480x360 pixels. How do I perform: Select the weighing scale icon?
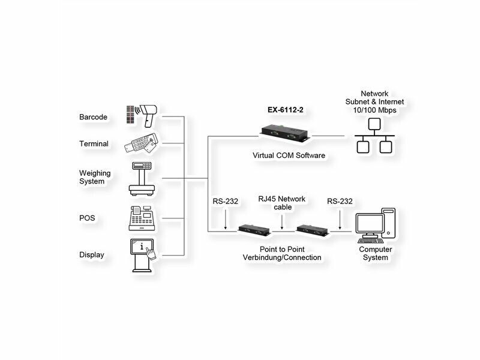pos(142,178)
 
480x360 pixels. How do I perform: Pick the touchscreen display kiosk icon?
pos(142,255)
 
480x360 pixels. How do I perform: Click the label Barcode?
pos(93,117)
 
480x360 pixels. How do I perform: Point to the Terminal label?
pos(94,144)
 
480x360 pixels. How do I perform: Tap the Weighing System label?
pos(95,177)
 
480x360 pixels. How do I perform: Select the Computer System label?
pos(376,253)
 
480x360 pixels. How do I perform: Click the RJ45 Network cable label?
pos(282,203)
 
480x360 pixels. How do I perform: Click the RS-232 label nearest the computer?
pos(340,202)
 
